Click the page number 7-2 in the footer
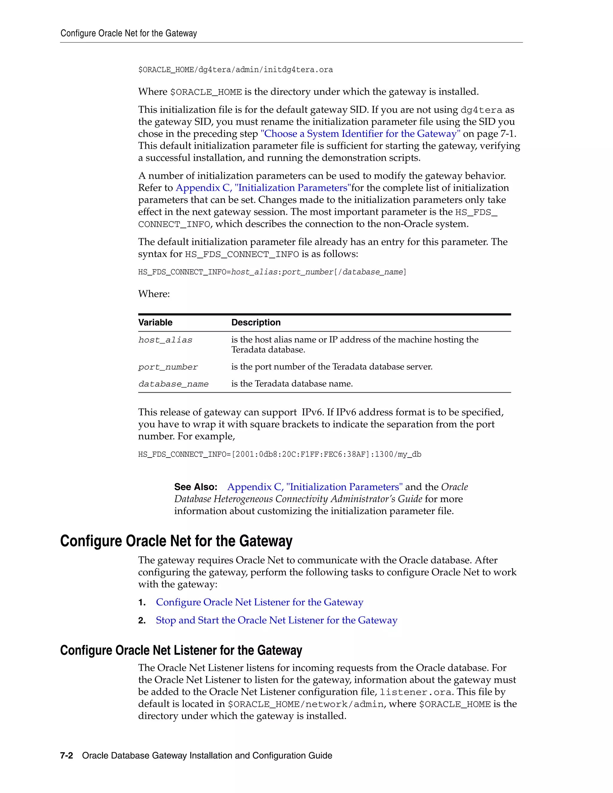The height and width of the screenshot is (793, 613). tap(66, 756)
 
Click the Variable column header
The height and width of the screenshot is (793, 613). tap(155, 322)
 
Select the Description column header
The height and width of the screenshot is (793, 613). tap(256, 322)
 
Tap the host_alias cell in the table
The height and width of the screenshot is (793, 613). tap(165, 340)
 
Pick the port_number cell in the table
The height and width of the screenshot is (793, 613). tap(168, 367)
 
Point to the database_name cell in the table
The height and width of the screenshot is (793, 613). tap(174, 384)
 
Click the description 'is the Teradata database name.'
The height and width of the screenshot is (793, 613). tap(292, 384)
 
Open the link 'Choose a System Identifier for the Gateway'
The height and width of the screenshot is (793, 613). tap(361, 134)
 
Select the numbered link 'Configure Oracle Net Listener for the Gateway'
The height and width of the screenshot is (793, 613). tap(260, 602)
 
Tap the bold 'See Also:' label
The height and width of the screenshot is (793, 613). tap(196, 487)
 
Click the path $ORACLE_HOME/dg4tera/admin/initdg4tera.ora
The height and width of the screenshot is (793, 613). tap(235, 70)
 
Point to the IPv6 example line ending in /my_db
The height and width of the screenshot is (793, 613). tap(280, 454)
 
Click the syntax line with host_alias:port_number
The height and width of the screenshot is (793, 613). tap(272, 272)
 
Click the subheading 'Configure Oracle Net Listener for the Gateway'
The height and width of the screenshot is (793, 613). tap(181, 650)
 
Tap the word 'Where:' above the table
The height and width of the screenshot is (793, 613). tap(154, 294)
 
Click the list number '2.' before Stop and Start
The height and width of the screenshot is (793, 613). tap(142, 621)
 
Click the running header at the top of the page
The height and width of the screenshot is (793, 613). tap(128, 34)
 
